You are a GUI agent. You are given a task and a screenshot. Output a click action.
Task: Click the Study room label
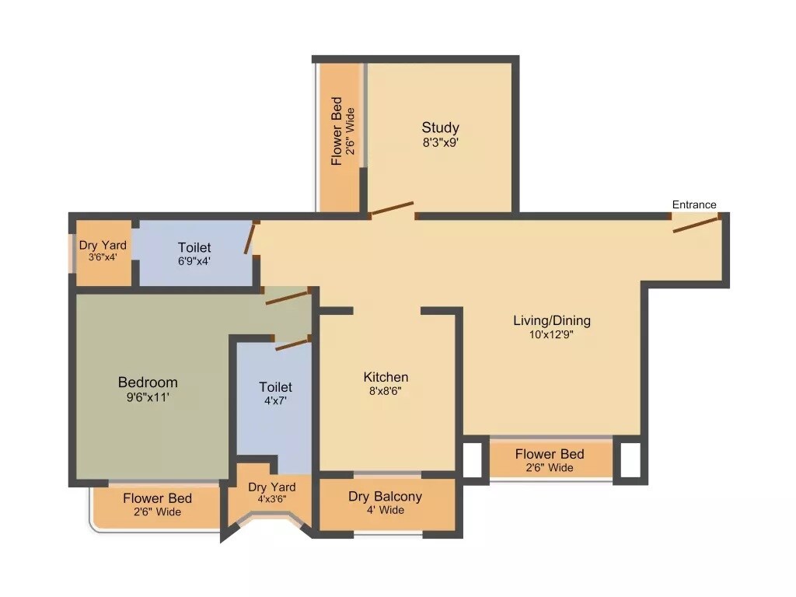440,127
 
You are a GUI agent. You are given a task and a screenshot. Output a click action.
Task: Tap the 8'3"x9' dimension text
440,143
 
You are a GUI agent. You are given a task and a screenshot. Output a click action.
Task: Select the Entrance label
694,204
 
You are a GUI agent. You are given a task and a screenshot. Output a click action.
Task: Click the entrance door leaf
695,225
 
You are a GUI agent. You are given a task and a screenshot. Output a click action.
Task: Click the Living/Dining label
552,320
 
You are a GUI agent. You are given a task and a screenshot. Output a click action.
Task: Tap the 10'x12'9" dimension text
552,335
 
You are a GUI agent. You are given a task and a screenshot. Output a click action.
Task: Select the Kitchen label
386,377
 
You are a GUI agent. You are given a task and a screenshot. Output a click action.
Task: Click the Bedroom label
148,382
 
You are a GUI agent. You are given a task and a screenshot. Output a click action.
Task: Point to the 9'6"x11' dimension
148,397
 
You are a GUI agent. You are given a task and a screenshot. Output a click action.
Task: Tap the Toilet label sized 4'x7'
275,386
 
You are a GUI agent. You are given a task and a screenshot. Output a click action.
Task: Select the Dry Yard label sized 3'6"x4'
103,246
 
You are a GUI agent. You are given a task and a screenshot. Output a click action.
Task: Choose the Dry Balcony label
386,497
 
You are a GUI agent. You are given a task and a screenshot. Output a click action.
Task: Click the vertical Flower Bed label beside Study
337,131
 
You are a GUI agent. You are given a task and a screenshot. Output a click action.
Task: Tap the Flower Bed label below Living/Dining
550,454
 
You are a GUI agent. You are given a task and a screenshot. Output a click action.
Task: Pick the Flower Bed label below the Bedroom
157,497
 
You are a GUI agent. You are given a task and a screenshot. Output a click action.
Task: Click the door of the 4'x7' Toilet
292,344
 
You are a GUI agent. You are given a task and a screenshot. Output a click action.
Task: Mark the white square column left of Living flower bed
472,459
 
